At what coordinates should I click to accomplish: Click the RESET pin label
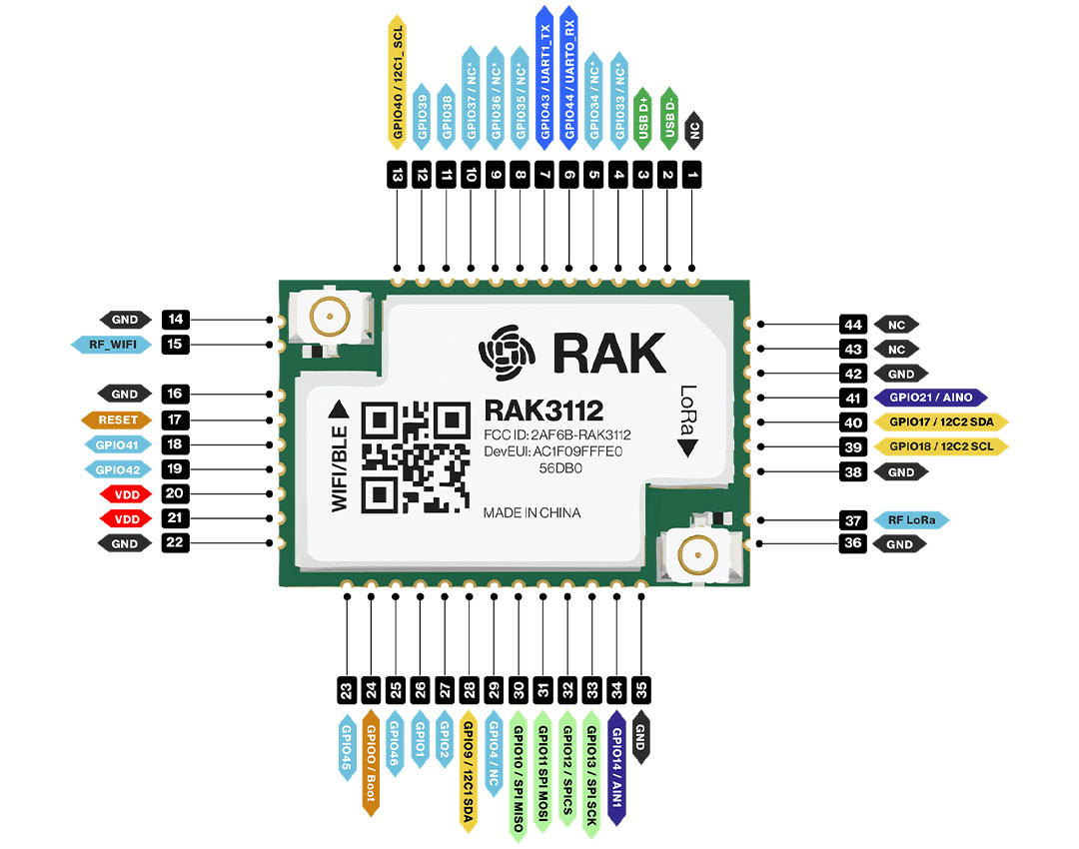[118, 420]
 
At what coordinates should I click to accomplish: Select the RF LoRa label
[909, 520]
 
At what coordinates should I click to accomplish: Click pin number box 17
[175, 420]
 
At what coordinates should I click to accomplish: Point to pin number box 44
[852, 325]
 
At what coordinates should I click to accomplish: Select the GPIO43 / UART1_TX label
[545, 75]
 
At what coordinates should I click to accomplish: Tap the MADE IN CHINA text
[532, 512]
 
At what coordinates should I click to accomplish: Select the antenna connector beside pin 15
[328, 317]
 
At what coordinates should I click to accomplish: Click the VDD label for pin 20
[124, 493]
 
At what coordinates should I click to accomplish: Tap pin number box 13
[398, 176]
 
